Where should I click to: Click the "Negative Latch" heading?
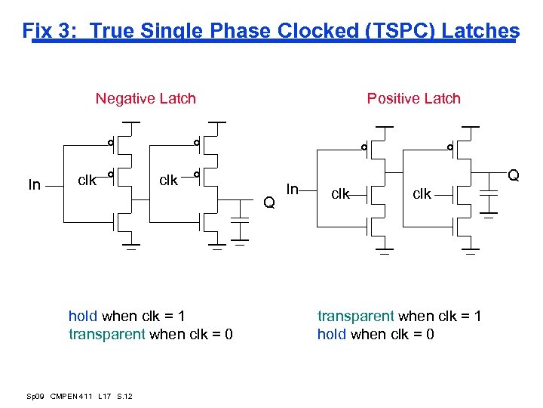coord(146,98)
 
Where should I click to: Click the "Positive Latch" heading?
coord(413,98)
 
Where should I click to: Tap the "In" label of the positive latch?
coord(294,187)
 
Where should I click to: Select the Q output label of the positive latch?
coord(514,175)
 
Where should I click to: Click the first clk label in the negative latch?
coord(87,181)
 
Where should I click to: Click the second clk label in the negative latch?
coord(168,181)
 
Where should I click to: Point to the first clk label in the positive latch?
coord(341,194)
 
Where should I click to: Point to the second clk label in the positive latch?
coord(422,194)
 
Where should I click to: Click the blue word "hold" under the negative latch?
coord(83,316)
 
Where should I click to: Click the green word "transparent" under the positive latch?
coord(356,316)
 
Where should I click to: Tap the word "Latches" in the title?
coord(480,31)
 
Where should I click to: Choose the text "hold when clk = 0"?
coord(376,334)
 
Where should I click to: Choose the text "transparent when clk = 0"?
coord(150,334)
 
